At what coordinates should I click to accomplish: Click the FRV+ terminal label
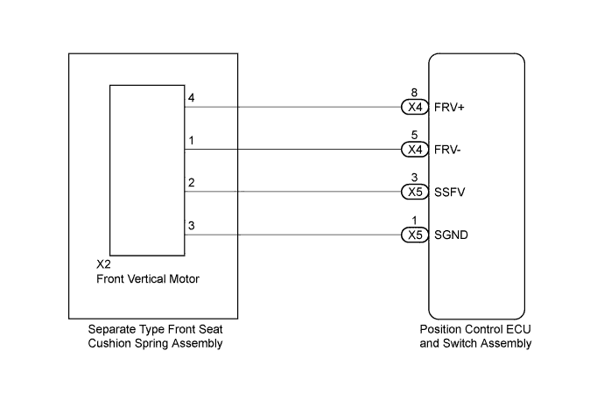pos(449,108)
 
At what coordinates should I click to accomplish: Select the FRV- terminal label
pos(447,150)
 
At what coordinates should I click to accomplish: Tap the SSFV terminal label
pos(450,193)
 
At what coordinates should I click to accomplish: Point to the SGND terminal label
pos(451,235)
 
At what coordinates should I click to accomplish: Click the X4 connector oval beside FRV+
pos(415,107)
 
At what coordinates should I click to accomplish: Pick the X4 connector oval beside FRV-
pos(415,150)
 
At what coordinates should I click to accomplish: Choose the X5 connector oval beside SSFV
pos(415,192)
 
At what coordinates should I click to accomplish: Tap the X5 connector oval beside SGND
pos(415,235)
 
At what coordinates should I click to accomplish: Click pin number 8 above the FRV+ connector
pos(414,93)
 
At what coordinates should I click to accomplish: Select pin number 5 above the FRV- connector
pos(414,135)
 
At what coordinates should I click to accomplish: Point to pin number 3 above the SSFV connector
pos(414,177)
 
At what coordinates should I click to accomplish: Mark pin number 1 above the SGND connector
pos(414,221)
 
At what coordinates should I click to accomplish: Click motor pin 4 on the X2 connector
pos(192,98)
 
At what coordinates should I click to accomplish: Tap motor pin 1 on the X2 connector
pos(192,141)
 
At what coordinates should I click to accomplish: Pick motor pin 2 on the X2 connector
pos(192,183)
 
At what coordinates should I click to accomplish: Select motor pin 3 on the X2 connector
pos(192,226)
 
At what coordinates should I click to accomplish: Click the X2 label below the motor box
pos(103,264)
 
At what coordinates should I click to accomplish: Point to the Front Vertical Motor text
pos(148,279)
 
